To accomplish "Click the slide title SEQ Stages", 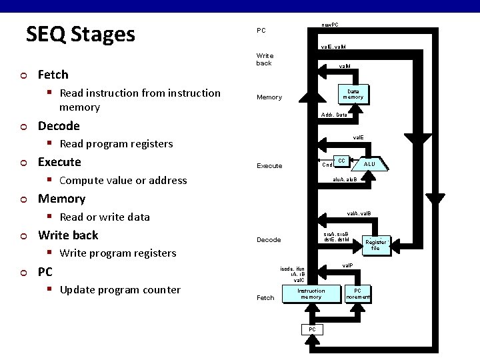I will pos(80,34).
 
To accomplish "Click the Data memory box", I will pos(353,94).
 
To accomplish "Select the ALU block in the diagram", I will pos(369,163).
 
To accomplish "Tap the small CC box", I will pos(341,161).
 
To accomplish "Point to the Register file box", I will pos(375,245).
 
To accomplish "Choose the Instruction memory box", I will pos(311,293).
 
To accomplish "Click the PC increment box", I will pos(358,293).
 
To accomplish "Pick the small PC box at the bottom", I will pos(311,329).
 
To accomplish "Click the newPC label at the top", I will pos(329,25).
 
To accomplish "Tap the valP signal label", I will pos(347,265).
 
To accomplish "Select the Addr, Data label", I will pos(333,115).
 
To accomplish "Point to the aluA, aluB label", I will pos(345,179).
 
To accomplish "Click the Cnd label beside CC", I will pos(327,165).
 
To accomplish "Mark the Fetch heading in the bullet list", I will pos(53,74).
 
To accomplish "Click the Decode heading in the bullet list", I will pos(59,126).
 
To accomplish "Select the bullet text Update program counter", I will pos(120,289).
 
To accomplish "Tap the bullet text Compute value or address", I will pos(123,180).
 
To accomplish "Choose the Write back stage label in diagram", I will pos(265,59).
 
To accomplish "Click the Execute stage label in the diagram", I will pos(269,165).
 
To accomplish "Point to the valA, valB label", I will pos(359,213).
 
